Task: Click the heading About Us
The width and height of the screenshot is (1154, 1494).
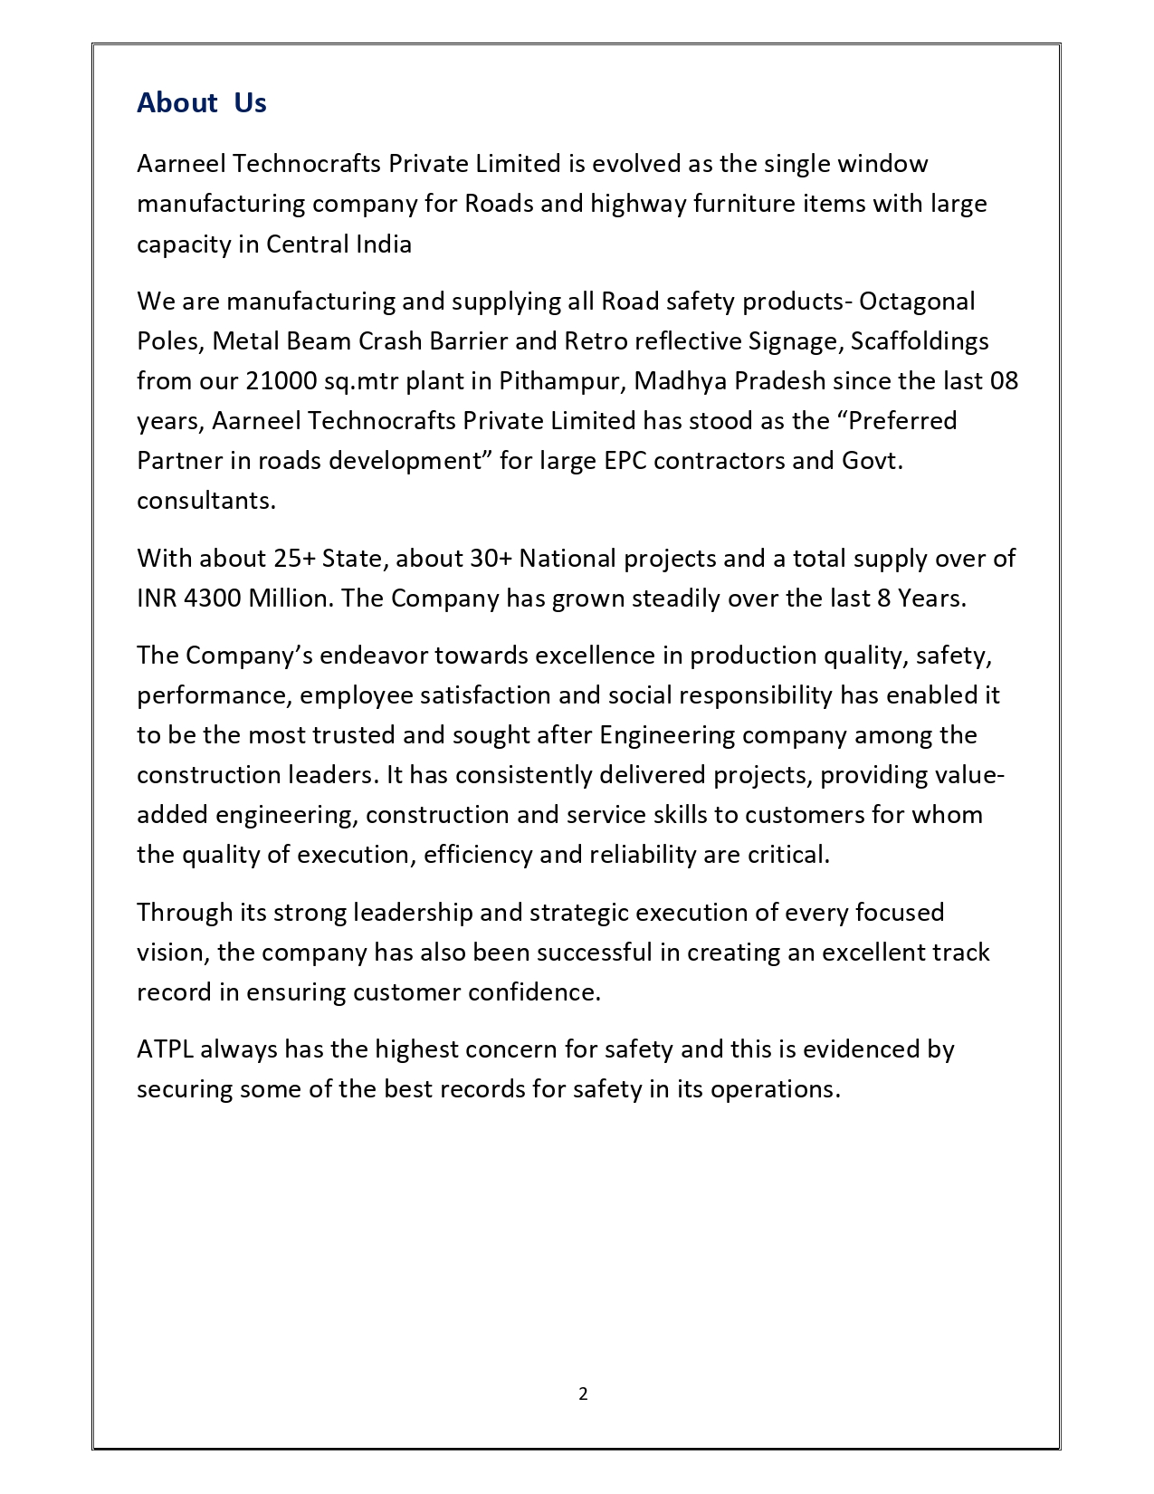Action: coord(201,103)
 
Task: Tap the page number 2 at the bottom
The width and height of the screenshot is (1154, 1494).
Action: coord(583,1393)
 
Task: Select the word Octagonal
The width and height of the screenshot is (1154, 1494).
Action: coord(917,301)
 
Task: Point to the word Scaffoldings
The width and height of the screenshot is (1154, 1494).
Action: coord(920,340)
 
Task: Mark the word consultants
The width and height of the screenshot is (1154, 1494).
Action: coord(205,500)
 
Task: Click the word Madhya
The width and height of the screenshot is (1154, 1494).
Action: coord(680,380)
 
